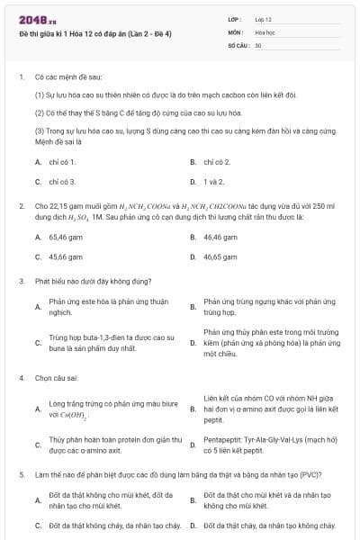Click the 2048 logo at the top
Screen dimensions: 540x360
point(32,19)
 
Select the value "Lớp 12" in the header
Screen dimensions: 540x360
point(263,19)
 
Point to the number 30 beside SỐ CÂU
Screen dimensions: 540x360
point(258,44)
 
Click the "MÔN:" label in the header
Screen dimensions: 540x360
point(236,31)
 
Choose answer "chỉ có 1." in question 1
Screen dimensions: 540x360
point(62,162)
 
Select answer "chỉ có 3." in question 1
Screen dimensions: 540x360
point(62,181)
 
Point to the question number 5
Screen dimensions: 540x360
point(21,474)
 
